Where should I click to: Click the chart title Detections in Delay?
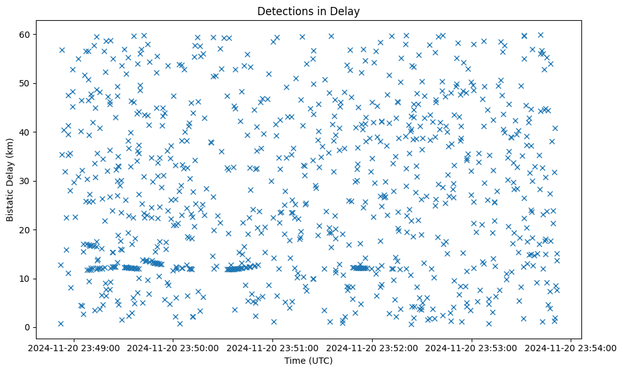[x=308, y=11]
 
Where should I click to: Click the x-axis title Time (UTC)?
[x=308, y=361]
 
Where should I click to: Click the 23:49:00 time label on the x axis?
[x=74, y=347]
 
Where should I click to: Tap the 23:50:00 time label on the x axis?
[x=174, y=347]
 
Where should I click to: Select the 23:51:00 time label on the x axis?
[x=273, y=347]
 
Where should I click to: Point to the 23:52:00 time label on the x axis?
[x=373, y=347]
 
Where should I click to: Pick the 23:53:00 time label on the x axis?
[x=472, y=347]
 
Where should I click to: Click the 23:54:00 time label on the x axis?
[x=571, y=347]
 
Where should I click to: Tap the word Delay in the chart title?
[x=347, y=11]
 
